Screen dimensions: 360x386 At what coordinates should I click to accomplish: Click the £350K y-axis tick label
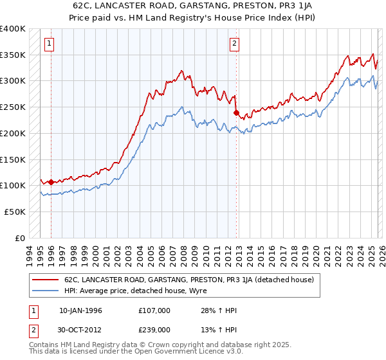[13, 55]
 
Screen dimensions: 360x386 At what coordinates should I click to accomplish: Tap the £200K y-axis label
[13, 134]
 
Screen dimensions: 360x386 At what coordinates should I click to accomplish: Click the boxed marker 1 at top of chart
[50, 44]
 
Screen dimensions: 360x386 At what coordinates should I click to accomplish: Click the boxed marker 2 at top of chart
[235, 44]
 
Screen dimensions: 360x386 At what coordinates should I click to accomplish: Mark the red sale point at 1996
[51, 182]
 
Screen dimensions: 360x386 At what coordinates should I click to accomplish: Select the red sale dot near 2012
[236, 113]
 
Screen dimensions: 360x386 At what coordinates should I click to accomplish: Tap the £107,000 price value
[154, 310]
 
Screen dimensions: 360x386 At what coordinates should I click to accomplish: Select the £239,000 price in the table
[154, 330]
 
